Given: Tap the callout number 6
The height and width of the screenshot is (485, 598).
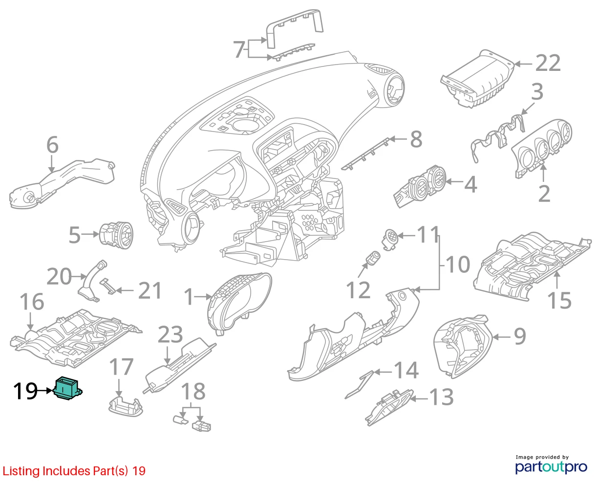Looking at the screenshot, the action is (x=52, y=145).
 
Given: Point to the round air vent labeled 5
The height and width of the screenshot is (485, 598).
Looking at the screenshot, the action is (x=116, y=235).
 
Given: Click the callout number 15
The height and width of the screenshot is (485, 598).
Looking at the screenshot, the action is (x=559, y=301).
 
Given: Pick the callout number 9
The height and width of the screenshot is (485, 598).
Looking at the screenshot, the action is (x=520, y=336).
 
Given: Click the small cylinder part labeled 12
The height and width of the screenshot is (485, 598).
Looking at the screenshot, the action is (x=374, y=258).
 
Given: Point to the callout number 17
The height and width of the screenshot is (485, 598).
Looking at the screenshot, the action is (x=121, y=367).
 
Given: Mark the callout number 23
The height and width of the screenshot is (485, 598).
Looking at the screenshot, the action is (x=171, y=335).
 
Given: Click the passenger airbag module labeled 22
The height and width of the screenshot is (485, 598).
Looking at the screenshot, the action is (x=477, y=79).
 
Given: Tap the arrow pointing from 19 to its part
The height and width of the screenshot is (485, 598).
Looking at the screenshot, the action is (x=45, y=391).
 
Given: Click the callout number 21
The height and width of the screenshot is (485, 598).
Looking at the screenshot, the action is (x=150, y=290).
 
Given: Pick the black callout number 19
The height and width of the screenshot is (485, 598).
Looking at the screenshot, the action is (x=25, y=391).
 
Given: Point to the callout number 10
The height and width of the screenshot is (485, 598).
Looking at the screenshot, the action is (x=458, y=265).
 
